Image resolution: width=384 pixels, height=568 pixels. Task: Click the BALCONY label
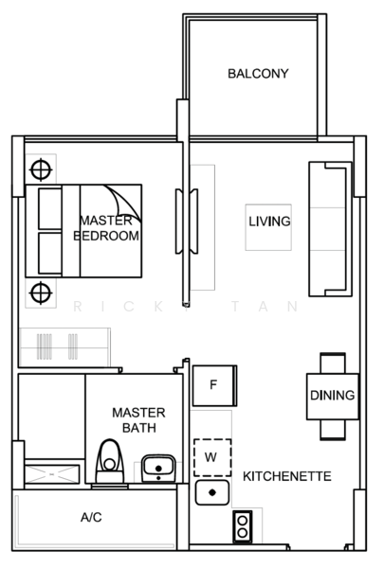(257, 74)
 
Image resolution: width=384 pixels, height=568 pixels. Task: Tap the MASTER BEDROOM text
(106, 228)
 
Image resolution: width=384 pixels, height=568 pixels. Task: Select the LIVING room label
(269, 222)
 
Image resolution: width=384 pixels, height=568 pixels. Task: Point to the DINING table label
(332, 396)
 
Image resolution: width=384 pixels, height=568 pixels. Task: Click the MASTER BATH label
(138, 419)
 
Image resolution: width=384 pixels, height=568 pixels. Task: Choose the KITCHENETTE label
(287, 476)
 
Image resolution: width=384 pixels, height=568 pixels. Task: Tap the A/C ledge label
(92, 518)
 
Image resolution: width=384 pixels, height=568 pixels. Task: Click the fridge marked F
(213, 385)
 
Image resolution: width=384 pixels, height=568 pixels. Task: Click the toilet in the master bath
(112, 463)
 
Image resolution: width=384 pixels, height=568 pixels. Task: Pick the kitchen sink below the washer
(213, 493)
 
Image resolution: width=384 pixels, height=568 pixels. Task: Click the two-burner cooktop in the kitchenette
(244, 526)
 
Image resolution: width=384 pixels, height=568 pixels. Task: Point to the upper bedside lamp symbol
(40, 170)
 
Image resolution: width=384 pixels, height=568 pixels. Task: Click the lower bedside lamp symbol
(40, 291)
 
